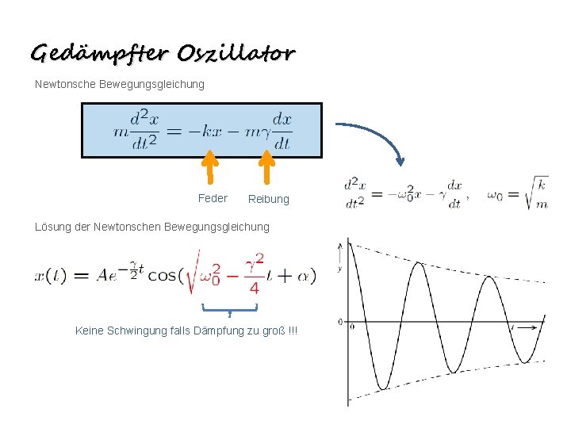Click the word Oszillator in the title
236,53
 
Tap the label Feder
213,198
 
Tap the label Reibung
269,199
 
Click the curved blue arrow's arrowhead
400,161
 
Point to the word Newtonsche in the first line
66,84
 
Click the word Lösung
53,227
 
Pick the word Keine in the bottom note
90,330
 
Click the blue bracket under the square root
229,308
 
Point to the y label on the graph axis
339,269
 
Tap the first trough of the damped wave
383,387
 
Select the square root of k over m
537,193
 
